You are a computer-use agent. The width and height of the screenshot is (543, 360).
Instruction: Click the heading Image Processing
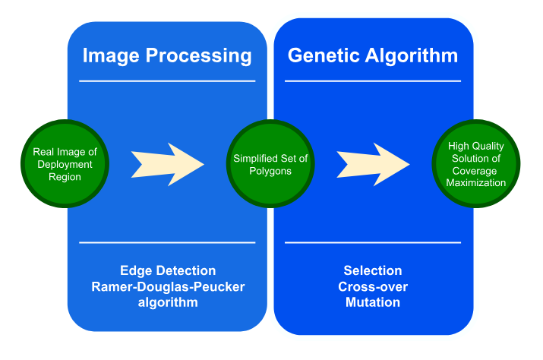[x=167, y=55]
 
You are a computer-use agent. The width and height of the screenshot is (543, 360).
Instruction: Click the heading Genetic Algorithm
[x=372, y=55]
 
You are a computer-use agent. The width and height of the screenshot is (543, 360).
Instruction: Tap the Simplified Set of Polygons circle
[x=270, y=164]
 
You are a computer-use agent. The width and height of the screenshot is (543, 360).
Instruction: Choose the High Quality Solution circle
[x=475, y=164]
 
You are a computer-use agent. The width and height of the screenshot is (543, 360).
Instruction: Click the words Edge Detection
[x=168, y=271]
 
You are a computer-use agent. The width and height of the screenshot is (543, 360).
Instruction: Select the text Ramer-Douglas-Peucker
[x=168, y=286]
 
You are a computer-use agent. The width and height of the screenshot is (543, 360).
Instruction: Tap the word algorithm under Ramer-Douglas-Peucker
[x=168, y=302]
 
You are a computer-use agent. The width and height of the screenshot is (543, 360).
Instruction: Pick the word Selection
[x=373, y=271]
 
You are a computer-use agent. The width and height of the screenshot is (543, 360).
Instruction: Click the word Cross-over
[x=373, y=286]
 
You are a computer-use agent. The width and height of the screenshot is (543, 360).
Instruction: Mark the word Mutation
[x=373, y=302]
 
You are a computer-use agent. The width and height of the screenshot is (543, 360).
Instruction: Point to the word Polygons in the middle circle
[x=270, y=171]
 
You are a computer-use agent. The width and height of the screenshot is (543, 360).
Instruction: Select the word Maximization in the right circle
[x=475, y=182]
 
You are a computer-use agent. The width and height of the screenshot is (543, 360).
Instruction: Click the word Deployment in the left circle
[x=66, y=164]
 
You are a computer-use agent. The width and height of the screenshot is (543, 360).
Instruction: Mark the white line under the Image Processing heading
[x=168, y=81]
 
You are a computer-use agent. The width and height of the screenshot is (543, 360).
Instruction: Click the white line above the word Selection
[x=373, y=243]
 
